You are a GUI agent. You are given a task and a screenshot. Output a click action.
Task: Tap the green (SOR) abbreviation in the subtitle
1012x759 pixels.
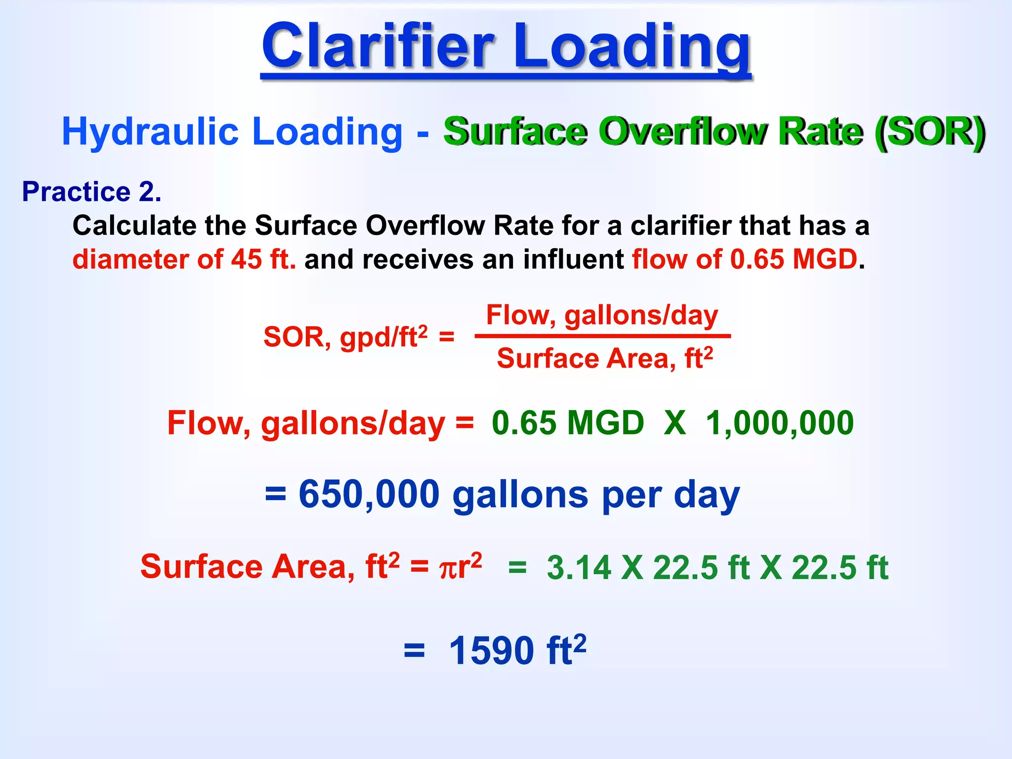tap(929, 131)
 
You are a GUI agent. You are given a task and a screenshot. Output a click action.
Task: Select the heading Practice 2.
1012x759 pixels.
tap(91, 192)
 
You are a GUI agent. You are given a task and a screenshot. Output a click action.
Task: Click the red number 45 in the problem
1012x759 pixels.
tap(246, 259)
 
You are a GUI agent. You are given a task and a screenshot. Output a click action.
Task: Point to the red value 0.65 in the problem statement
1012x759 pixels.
tap(757, 259)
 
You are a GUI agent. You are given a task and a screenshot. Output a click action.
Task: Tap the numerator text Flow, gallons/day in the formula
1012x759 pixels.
tap(602, 315)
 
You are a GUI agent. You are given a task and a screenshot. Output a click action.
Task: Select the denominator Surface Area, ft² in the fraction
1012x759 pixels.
tap(605, 358)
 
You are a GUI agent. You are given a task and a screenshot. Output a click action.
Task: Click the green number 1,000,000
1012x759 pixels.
tap(780, 423)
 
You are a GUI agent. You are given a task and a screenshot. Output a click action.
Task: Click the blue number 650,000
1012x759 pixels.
tap(369, 494)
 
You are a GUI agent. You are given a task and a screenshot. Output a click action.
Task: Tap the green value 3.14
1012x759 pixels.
tap(579, 567)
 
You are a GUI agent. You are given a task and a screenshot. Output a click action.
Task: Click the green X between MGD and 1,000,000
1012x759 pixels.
tap(675, 423)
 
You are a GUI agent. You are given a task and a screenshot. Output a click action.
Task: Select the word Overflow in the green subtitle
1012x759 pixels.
tap(683, 131)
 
